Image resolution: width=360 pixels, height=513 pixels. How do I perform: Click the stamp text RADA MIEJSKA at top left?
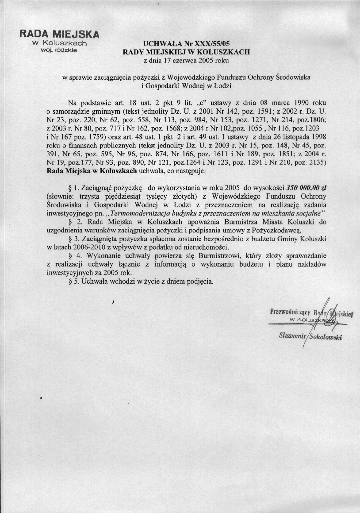pyautogui.click(x=59, y=34)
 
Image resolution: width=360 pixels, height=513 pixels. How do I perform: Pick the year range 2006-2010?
pyautogui.click(x=84, y=247)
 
